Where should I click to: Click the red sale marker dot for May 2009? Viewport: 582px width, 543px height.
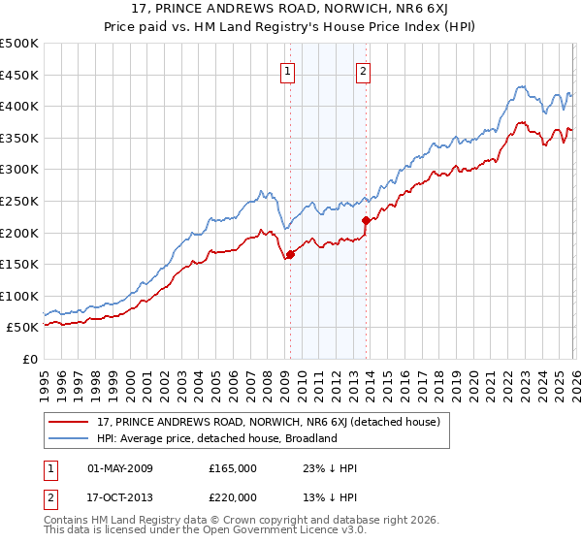pos(290,255)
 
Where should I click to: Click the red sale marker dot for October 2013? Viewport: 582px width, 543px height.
pos(366,220)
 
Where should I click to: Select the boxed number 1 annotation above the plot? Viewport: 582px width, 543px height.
pos(289,70)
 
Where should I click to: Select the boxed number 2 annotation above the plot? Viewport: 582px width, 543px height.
pos(363,70)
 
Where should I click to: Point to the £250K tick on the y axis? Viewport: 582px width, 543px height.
pos(19,201)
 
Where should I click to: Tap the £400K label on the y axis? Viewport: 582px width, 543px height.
pos(19,107)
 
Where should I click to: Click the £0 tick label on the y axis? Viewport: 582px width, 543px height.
pos(29,359)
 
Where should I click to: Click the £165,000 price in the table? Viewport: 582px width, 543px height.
pos(232,467)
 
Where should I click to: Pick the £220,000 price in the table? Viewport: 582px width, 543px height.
pos(232,496)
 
